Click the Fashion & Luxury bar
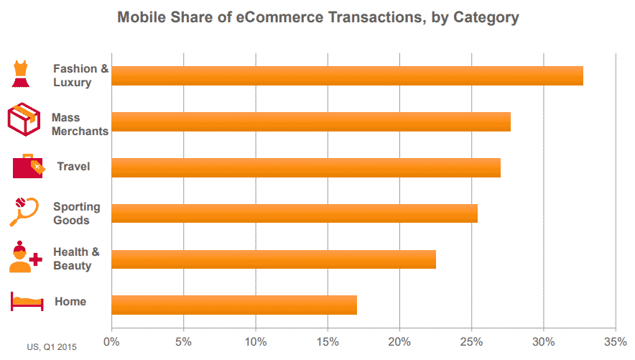(x=347, y=75)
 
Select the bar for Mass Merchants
(x=311, y=121)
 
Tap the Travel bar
(x=306, y=167)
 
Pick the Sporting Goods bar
(x=295, y=213)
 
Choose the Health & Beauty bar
(x=274, y=259)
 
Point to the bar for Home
(x=234, y=305)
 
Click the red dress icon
(x=22, y=73)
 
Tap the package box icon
(x=24, y=119)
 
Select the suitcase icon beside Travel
(x=28, y=166)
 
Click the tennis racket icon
(x=23, y=211)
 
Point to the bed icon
(x=26, y=302)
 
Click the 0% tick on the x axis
(x=111, y=341)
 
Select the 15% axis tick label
(x=328, y=341)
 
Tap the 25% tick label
(x=471, y=341)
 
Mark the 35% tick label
(x=616, y=341)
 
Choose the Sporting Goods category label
(x=76, y=213)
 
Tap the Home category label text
(x=70, y=302)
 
